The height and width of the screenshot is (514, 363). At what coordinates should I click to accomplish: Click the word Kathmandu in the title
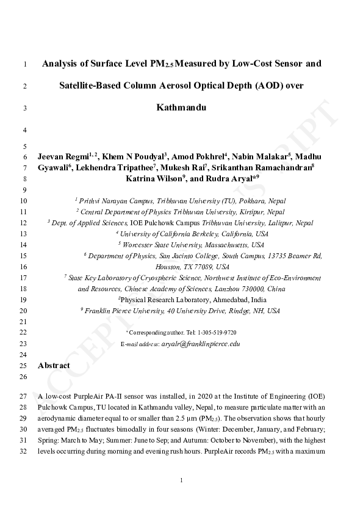181,109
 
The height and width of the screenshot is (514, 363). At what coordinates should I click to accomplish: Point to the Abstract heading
54,366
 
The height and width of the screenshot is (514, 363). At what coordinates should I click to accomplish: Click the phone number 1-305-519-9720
217,333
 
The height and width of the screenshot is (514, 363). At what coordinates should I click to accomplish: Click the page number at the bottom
181,481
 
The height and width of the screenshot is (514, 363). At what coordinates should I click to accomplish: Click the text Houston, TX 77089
192,267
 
